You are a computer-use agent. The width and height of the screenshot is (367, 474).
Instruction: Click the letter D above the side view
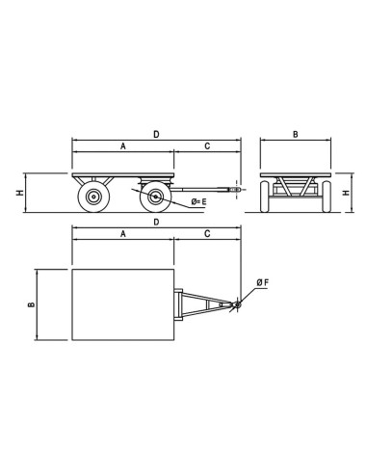[156, 134]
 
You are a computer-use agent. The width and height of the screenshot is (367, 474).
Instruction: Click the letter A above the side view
[123, 146]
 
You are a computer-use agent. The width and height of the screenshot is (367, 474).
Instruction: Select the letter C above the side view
[207, 146]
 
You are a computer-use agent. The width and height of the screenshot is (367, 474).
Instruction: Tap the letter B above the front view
[296, 134]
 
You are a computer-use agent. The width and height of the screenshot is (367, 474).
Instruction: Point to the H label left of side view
[20, 193]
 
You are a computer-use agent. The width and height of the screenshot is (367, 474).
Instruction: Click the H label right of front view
[346, 193]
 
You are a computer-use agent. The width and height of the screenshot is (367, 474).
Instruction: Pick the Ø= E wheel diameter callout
[198, 201]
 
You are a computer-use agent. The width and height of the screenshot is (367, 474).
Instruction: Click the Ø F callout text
[263, 282]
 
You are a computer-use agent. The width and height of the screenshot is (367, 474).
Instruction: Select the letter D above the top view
[156, 222]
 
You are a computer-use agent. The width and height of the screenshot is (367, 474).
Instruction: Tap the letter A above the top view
[123, 234]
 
